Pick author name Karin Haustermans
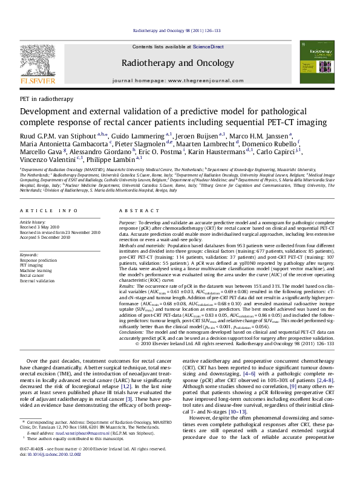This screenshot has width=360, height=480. [250, 152]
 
